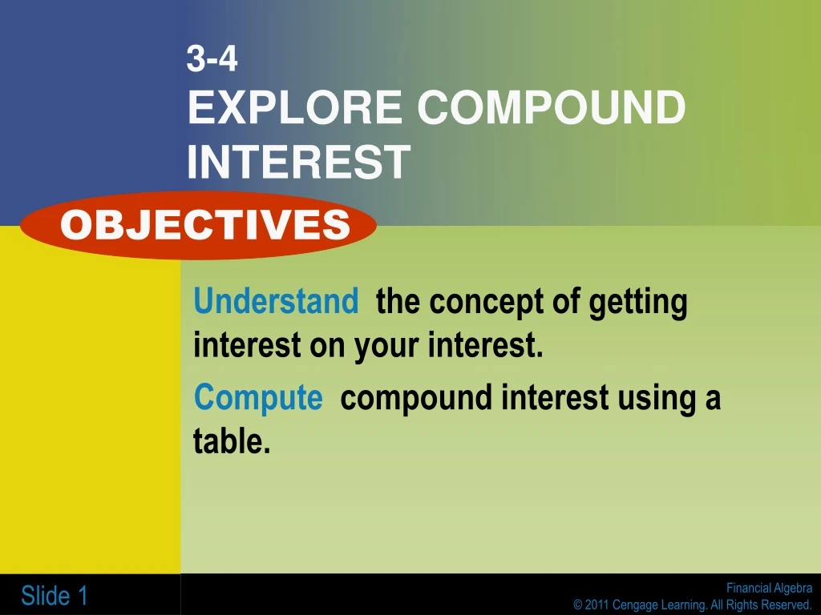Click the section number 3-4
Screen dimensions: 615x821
click(212, 60)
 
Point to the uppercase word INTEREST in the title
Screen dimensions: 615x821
click(298, 162)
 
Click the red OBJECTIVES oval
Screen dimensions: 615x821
click(199, 225)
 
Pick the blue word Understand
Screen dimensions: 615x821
click(276, 302)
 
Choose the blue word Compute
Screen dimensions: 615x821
click(258, 397)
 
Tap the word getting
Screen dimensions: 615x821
click(638, 303)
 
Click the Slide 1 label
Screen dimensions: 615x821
click(55, 596)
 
